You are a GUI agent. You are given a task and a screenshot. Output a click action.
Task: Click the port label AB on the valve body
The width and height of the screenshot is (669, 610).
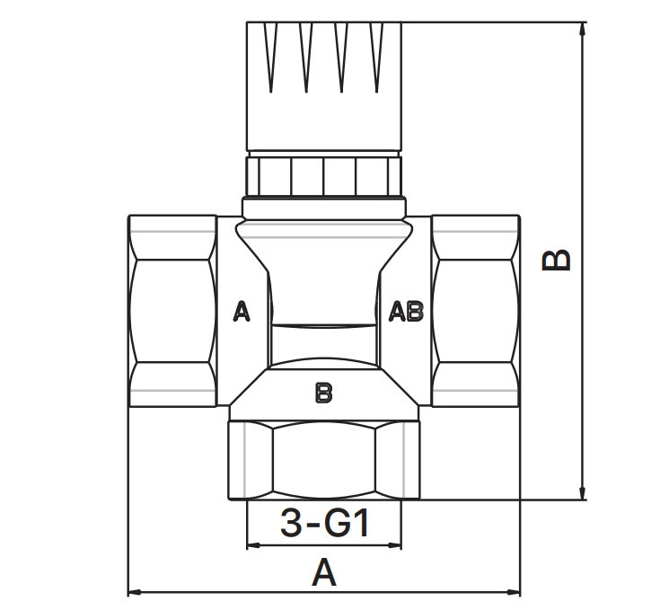tap(406, 311)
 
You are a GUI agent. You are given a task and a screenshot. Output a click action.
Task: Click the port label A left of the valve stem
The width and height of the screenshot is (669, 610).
tap(242, 311)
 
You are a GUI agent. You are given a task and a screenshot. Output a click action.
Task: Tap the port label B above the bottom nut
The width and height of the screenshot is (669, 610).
tap(323, 393)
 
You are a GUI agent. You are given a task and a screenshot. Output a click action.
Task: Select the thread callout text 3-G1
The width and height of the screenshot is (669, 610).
tap(324, 524)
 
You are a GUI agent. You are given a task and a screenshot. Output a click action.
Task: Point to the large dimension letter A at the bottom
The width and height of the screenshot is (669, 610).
tap(324, 572)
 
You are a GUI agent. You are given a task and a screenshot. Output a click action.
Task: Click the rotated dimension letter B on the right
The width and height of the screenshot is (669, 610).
tap(556, 260)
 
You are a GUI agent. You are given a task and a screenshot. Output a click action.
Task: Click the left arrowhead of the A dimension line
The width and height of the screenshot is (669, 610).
tap(135, 592)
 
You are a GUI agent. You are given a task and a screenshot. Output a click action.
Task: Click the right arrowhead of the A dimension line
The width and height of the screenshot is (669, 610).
tap(514, 592)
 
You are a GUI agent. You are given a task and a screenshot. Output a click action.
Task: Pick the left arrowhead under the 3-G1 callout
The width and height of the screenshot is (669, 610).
tap(254, 545)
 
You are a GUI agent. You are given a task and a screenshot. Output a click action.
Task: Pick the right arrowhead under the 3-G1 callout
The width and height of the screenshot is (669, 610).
tap(394, 545)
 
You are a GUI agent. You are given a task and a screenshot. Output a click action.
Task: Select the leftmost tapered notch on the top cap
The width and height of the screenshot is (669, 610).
tap(271, 57)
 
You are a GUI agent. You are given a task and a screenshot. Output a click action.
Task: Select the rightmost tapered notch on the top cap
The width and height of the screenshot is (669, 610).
tap(376, 57)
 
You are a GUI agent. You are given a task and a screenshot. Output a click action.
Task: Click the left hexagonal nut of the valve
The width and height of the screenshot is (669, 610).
tap(172, 311)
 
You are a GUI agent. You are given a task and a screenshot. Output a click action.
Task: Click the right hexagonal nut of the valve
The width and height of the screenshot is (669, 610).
tap(476, 311)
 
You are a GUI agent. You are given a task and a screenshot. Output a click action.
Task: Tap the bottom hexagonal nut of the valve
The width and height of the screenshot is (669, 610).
tap(324, 460)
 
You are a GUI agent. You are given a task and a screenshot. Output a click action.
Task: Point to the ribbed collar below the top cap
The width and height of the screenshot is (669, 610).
tap(324, 176)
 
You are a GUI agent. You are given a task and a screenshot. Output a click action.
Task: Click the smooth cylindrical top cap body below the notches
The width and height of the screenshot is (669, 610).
tap(324, 121)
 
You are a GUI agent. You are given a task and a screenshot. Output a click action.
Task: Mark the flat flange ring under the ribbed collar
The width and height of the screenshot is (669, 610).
tap(324, 208)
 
